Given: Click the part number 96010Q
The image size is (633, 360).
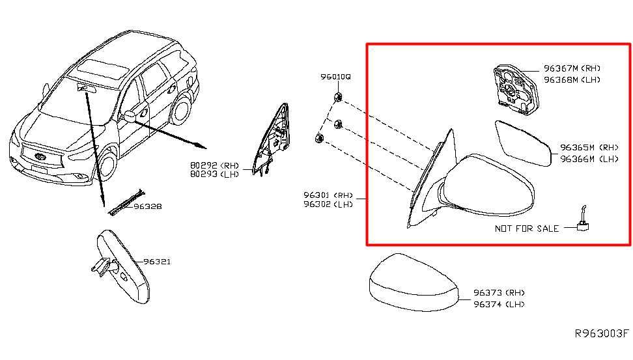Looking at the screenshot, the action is [335, 77].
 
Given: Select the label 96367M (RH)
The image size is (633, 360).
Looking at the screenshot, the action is [572, 68].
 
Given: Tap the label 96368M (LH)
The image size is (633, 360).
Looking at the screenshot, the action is [572, 80].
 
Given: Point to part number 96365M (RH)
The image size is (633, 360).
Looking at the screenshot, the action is [589, 147].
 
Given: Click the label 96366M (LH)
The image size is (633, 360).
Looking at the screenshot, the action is [589, 159].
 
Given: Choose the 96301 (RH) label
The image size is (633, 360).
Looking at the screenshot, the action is [328, 195].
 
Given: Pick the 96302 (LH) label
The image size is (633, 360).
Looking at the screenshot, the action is [328, 204].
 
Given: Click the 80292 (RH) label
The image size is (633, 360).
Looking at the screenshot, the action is [215, 165].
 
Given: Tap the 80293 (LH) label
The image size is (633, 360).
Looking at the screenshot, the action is [215, 174].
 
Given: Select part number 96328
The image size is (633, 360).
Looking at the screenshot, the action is [148, 206].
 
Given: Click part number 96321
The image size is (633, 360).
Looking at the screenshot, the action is [157, 262].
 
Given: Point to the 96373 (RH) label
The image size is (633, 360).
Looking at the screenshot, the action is [499, 292].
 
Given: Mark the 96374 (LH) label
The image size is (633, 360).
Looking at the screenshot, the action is [499, 304].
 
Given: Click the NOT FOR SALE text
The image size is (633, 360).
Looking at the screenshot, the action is [527, 228].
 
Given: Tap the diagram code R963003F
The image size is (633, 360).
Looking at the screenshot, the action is [602, 333].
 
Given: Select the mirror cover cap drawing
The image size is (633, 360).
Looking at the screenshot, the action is [414, 283].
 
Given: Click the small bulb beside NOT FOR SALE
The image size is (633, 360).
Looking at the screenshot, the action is [583, 220].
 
